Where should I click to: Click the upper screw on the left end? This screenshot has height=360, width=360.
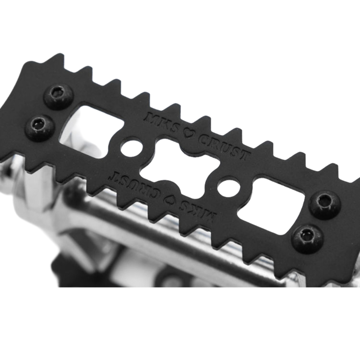pos(59,96)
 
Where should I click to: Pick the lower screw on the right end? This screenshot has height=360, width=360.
pos(307,237)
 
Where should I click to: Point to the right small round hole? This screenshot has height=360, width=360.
pos(228,186)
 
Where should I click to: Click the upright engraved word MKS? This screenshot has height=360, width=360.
pos(162,122)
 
